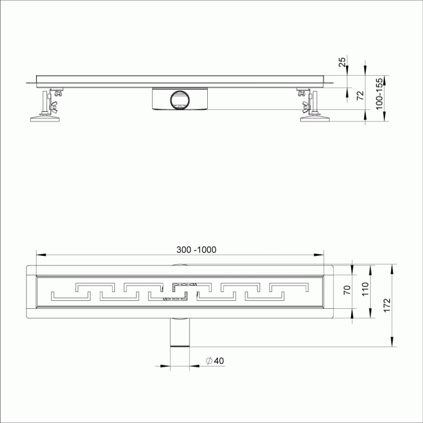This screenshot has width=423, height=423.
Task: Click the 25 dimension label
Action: [342, 62]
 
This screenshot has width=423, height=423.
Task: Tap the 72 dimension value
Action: [360, 96]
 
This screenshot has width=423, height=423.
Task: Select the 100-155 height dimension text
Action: [379, 94]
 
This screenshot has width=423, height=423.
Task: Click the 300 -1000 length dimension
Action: [196, 250]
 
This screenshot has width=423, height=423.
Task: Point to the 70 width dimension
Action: [347, 290]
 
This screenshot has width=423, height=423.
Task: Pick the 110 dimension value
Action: [365, 289]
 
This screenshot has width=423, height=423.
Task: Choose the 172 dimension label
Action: [387, 306]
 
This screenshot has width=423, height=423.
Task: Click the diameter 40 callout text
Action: [215, 361]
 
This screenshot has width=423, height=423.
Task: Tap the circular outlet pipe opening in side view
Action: [180, 100]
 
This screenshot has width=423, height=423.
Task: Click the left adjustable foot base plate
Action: [45, 118]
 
